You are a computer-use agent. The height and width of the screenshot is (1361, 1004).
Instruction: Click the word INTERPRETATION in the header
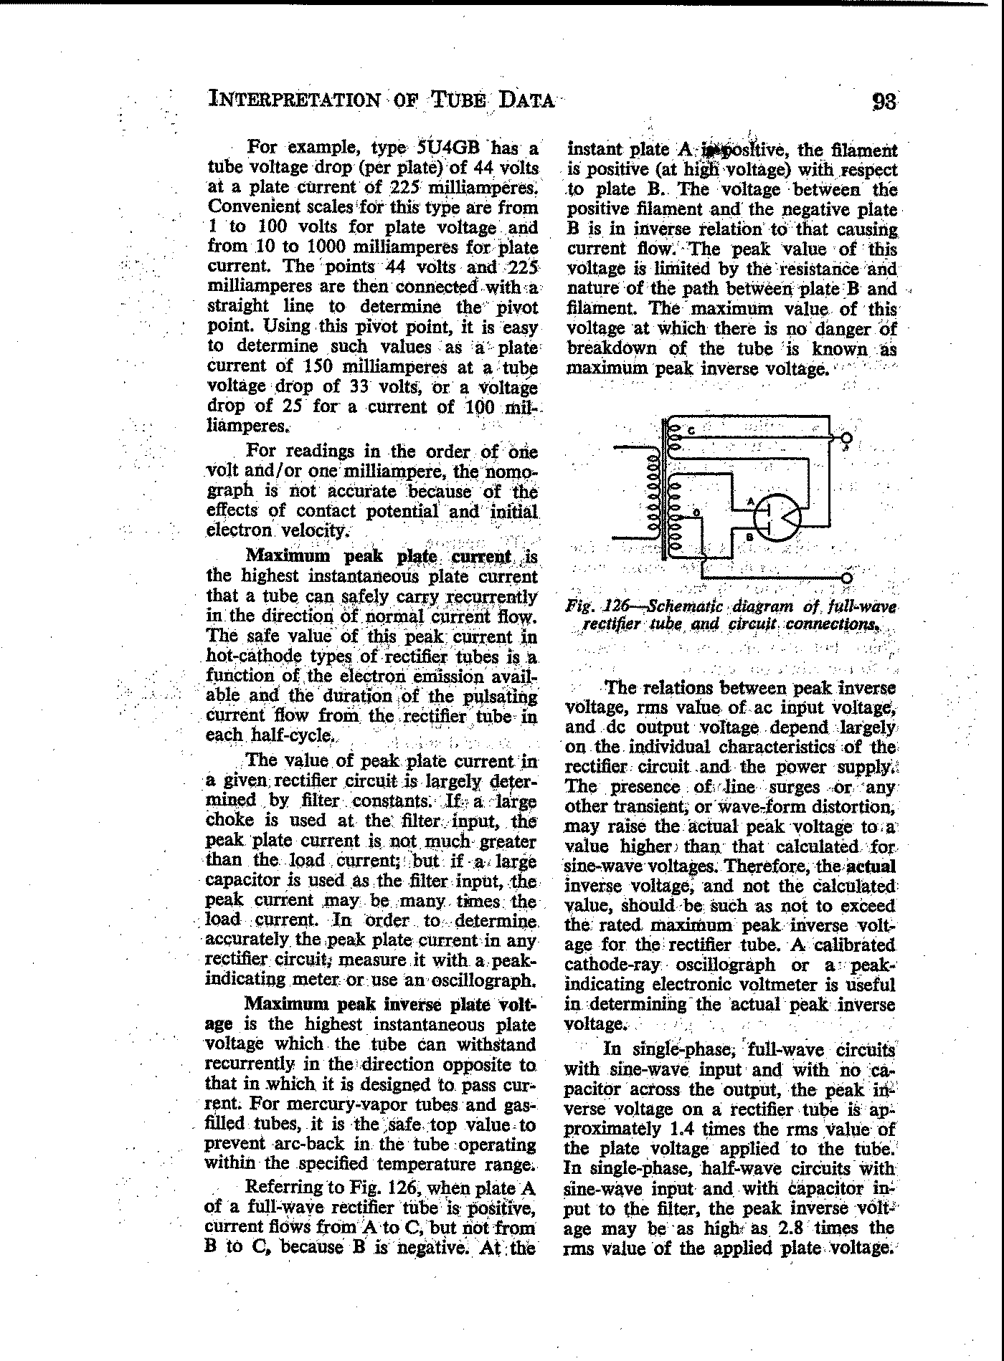point(294,99)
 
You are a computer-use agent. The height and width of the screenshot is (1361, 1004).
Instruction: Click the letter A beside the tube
point(750,502)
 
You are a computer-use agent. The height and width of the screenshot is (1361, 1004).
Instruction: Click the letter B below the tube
point(748,537)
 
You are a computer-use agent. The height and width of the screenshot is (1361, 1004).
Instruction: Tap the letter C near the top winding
point(691,431)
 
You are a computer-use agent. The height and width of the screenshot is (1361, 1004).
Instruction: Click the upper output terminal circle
point(846,438)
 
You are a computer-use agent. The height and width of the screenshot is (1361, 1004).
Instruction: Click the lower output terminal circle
point(846,578)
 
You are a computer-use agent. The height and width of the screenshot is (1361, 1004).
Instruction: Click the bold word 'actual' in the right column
point(871,866)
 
